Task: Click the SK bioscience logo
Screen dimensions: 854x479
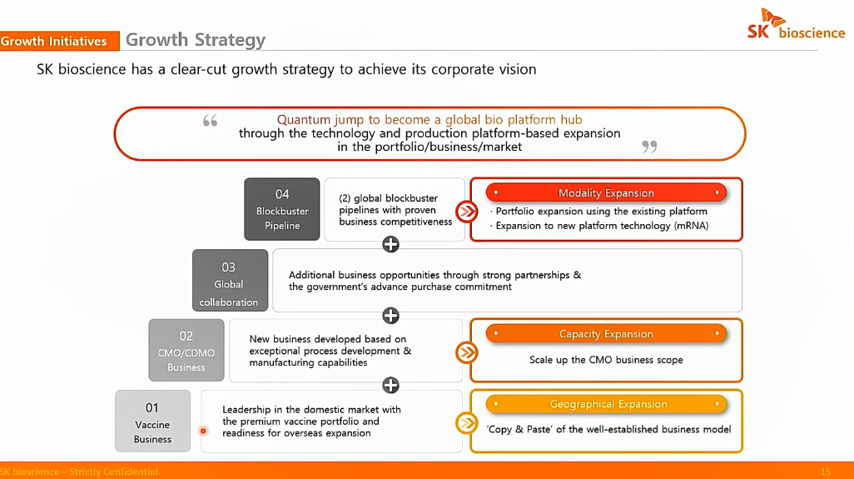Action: click(x=796, y=24)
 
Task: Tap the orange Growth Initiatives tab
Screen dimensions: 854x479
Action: click(x=59, y=41)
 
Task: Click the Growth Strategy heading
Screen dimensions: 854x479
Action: click(x=196, y=40)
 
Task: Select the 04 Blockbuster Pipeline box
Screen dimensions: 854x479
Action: click(x=282, y=209)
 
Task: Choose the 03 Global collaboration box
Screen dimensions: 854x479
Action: click(x=230, y=281)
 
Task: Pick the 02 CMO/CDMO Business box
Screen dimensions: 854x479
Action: click(x=186, y=351)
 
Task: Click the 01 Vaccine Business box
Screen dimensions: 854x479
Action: click(x=152, y=421)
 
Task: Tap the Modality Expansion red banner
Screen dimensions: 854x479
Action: click(x=606, y=193)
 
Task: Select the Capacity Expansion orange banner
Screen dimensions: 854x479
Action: click(x=606, y=334)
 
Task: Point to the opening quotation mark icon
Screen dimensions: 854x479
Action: click(x=211, y=121)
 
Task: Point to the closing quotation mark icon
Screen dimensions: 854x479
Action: click(x=649, y=147)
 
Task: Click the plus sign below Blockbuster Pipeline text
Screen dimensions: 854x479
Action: click(x=390, y=244)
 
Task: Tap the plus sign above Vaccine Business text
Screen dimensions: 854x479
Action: click(x=390, y=385)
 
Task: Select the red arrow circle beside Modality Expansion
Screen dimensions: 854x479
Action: click(x=467, y=212)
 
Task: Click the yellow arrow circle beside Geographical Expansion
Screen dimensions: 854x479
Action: click(x=467, y=423)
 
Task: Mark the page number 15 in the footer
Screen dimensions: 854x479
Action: click(x=825, y=472)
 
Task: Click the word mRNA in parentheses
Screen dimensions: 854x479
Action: click(x=691, y=226)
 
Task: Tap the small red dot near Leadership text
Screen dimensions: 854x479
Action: click(x=203, y=431)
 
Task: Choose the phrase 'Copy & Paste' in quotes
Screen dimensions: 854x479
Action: click(x=522, y=429)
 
